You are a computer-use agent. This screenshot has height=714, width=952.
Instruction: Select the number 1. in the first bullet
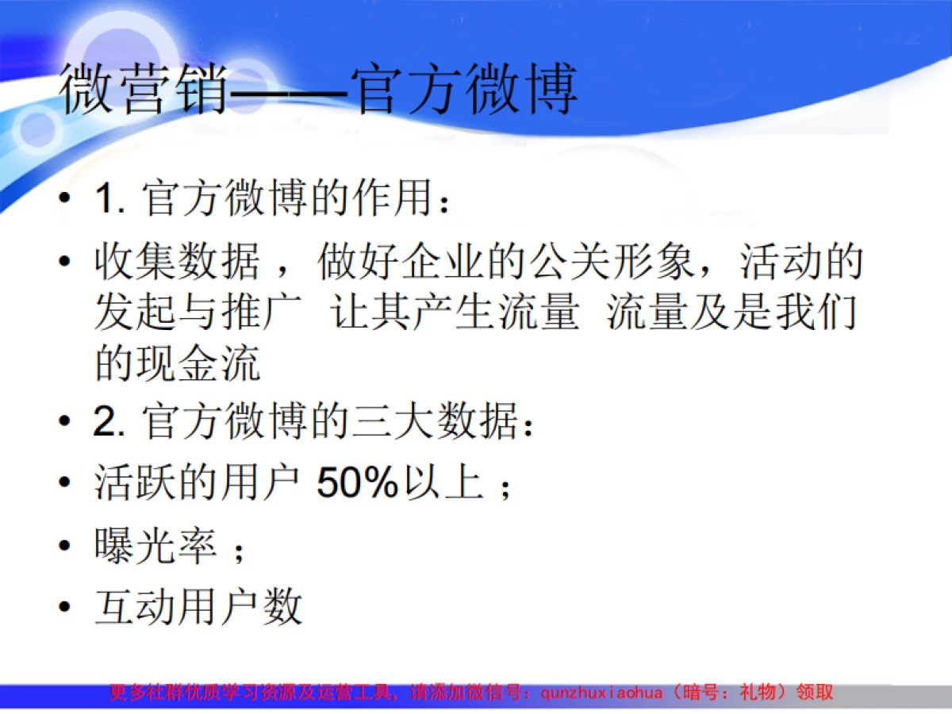[111, 200]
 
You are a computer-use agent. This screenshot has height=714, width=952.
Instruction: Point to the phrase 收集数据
[176, 263]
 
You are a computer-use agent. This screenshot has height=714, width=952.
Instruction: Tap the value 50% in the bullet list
[356, 482]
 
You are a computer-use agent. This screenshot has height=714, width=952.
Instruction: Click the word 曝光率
[155, 546]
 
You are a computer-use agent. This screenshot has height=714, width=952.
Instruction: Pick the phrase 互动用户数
[198, 608]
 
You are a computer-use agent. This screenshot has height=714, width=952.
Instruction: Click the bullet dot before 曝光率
[65, 547]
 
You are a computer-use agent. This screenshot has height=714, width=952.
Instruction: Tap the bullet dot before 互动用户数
[65, 609]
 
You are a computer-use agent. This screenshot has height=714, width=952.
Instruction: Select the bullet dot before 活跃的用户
[65, 483]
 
